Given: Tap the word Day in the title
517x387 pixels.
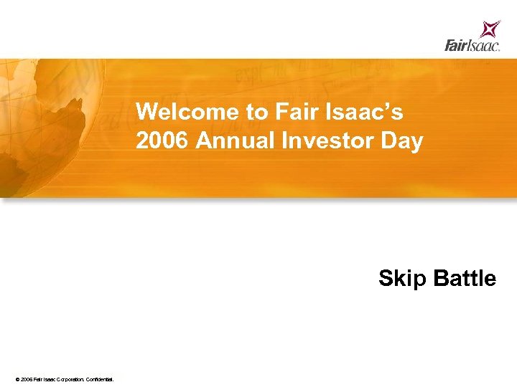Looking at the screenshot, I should pos(401,141).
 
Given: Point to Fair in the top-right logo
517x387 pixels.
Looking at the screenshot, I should pos(457,46).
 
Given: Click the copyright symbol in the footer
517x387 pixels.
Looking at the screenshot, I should pos(17,378).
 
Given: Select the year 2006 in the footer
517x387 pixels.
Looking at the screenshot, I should pos(27,378).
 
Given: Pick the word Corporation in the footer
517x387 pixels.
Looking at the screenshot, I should pos(70,378).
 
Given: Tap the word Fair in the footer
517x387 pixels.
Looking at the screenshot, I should pos(39,378).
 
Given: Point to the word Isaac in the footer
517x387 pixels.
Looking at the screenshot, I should pos(50,378).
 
